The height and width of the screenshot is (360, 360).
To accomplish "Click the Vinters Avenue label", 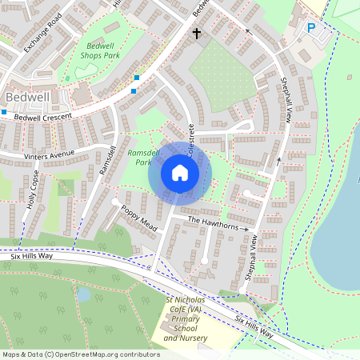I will pyautogui.click(x=49, y=154).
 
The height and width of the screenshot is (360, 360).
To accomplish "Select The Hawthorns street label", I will pyautogui.click(x=213, y=222).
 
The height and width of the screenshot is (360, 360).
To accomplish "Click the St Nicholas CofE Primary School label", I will pyautogui.click(x=186, y=318).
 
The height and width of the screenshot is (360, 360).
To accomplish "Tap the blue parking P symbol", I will pyautogui.click(x=311, y=29).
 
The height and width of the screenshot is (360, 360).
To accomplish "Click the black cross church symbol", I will pyautogui.click(x=197, y=34).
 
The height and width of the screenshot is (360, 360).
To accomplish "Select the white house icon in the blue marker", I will pyautogui.click(x=180, y=171).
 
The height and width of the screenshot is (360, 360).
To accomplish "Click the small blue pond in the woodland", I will pyautogui.click(x=84, y=294).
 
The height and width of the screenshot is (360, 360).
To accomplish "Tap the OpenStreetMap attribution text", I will pyautogui.click(x=80, y=354).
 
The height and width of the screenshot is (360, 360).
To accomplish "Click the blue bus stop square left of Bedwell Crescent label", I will pyautogui.click(x=4, y=113).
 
